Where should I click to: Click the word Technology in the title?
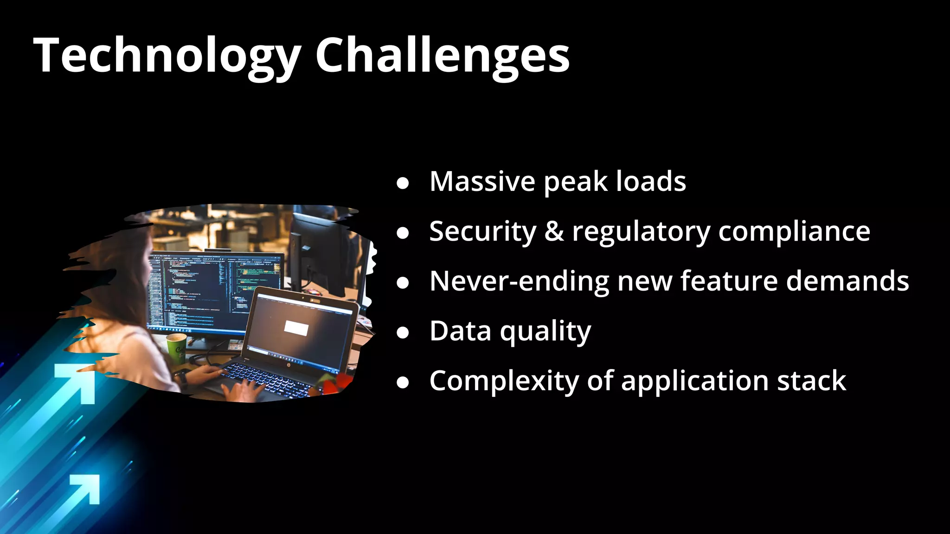[x=167, y=56]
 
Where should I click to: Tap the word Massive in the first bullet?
[x=482, y=181]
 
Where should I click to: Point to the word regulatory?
[x=641, y=232]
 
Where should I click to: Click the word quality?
[x=545, y=332]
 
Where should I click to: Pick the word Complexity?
[x=504, y=381]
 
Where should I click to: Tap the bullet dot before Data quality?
[x=403, y=332]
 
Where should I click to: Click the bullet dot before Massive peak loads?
[x=403, y=183]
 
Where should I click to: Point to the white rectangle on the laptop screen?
[x=296, y=328]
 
